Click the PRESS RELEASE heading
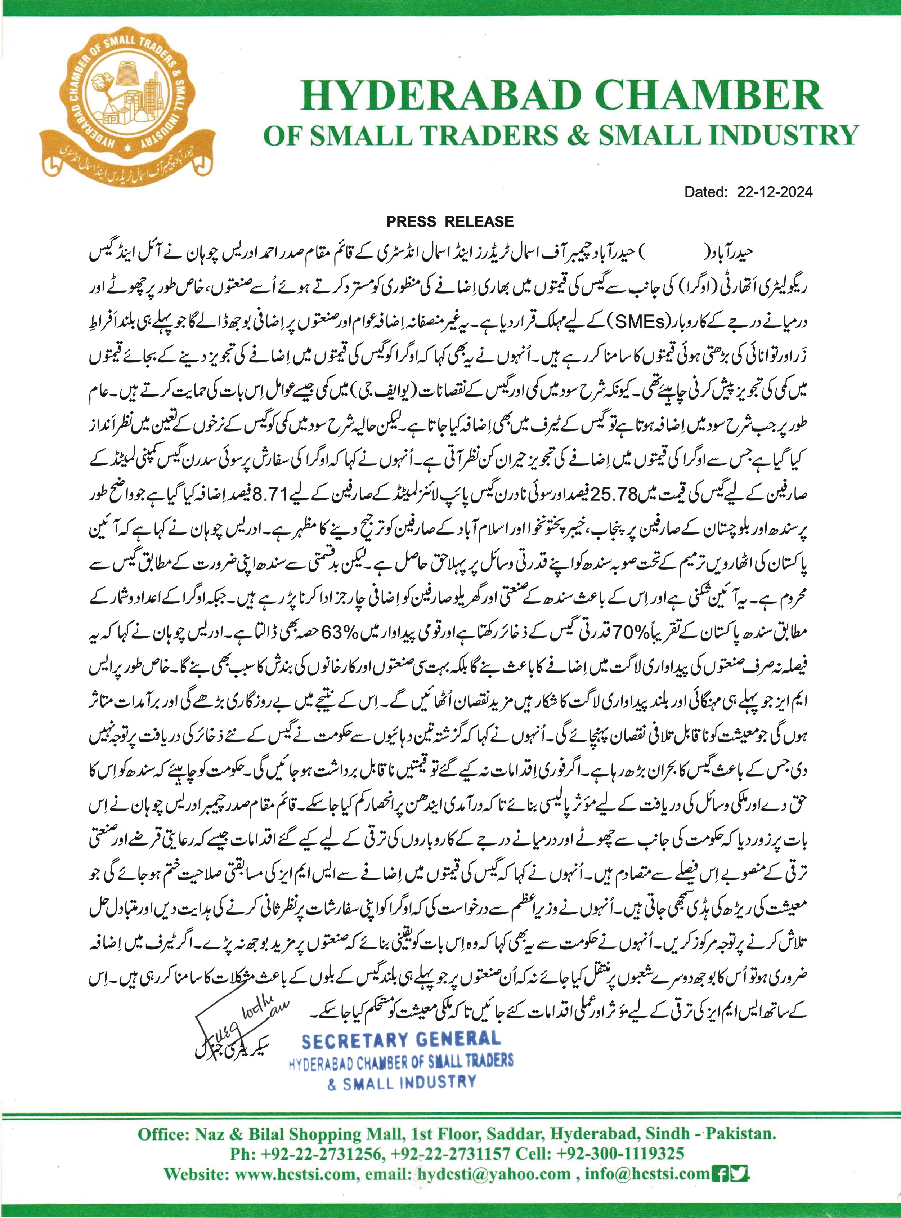(450, 222)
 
